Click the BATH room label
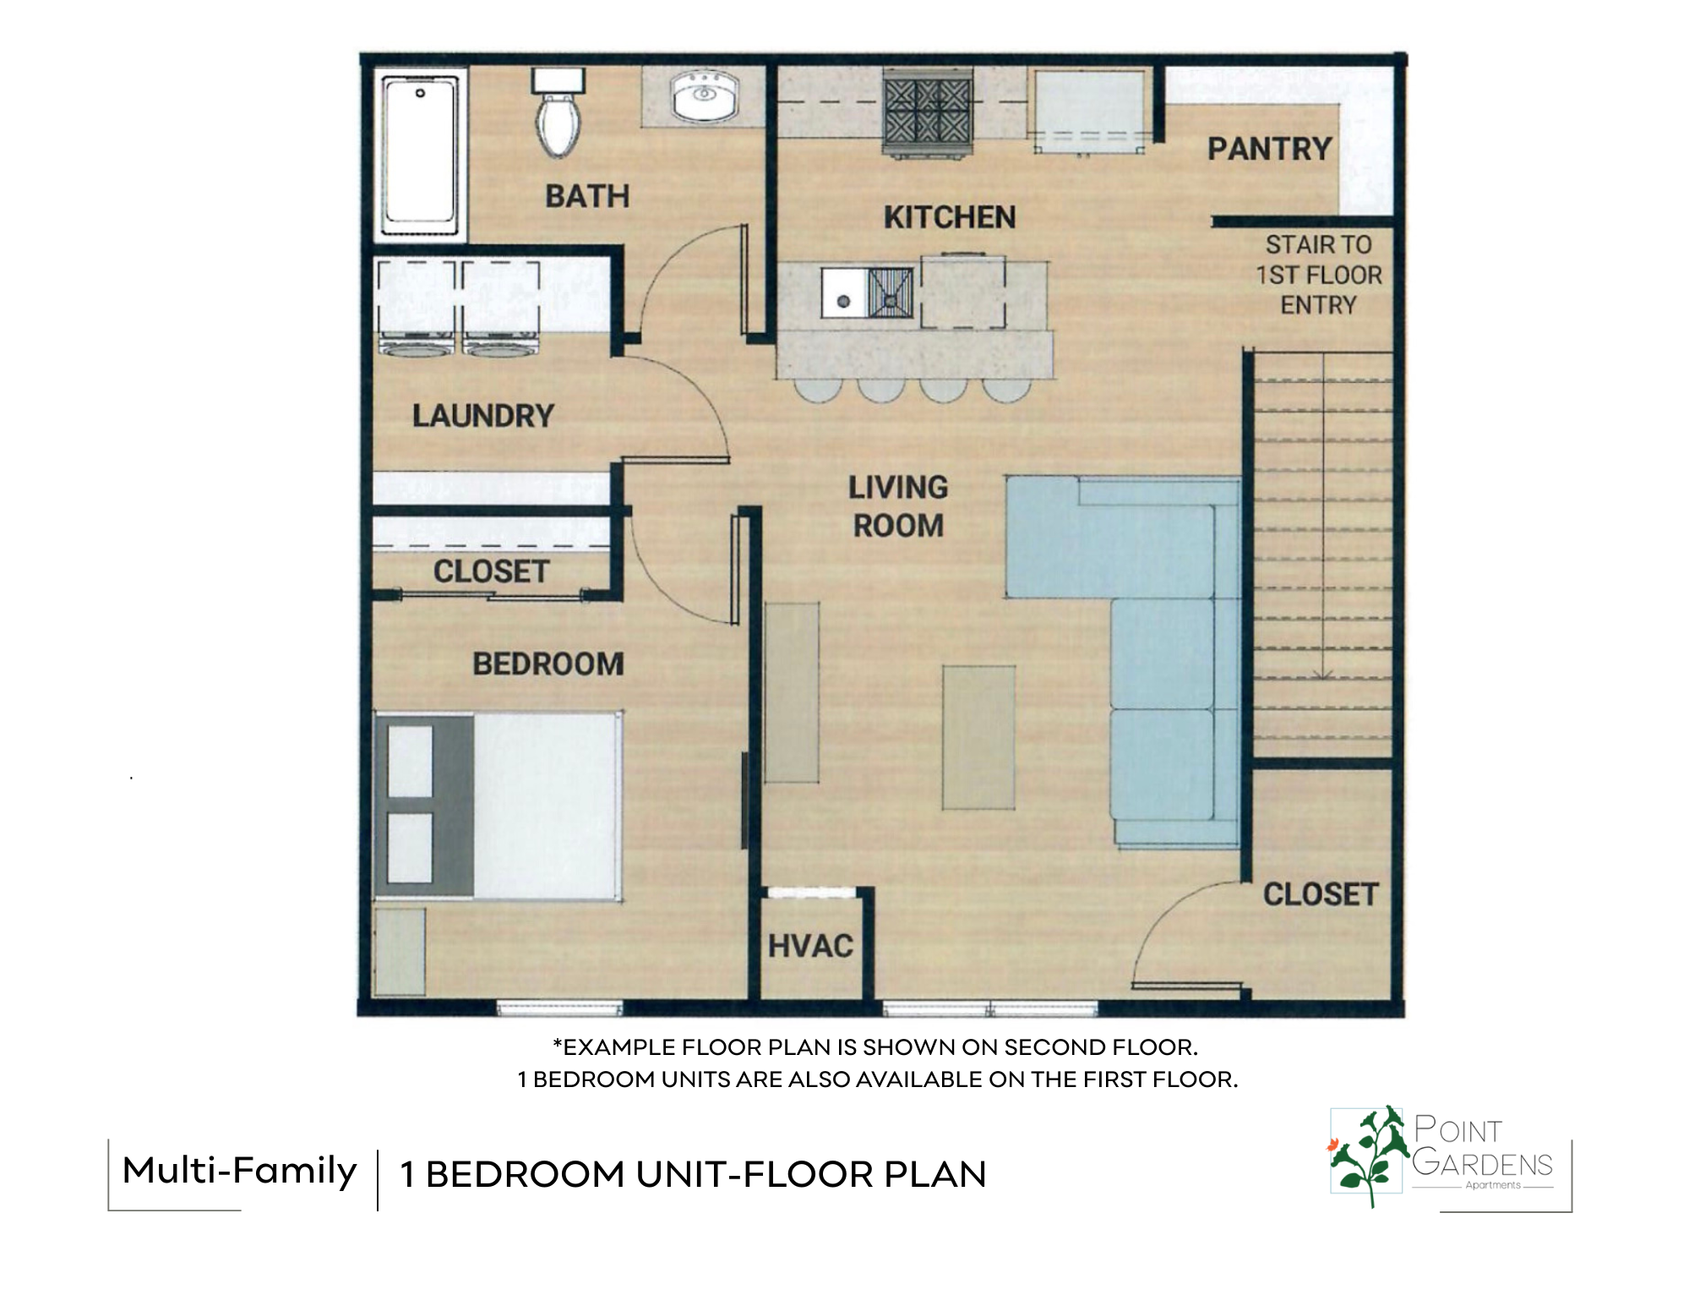(587, 196)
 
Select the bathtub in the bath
(420, 156)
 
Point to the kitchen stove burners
(927, 113)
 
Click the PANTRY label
(1269, 150)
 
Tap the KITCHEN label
(950, 218)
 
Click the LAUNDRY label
(483, 416)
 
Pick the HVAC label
(810, 946)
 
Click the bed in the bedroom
(499, 806)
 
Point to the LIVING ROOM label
(898, 506)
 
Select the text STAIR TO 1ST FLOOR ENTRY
(1319, 275)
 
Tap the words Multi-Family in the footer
(240, 1172)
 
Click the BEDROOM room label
(548, 664)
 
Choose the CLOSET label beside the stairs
(1321, 894)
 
